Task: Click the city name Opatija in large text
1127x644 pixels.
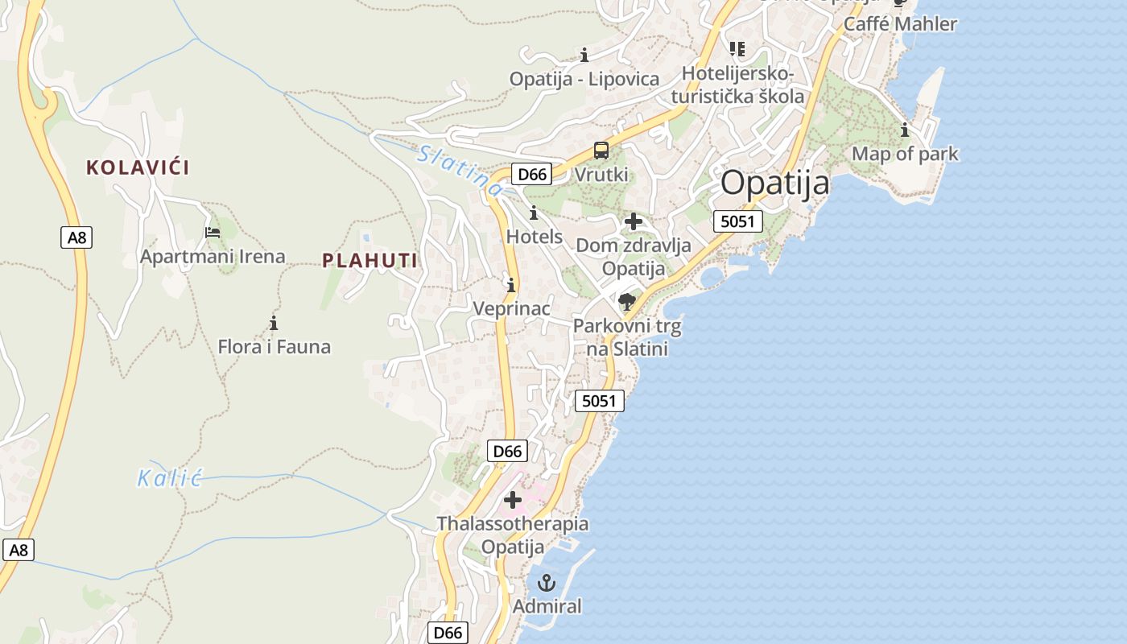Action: (x=774, y=184)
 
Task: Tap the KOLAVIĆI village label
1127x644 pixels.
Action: (x=138, y=167)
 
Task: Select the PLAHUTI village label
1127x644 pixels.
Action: (x=369, y=260)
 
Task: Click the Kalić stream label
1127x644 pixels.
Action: (x=168, y=478)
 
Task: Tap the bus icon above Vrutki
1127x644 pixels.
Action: (x=601, y=151)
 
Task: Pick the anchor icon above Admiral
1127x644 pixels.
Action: (x=547, y=583)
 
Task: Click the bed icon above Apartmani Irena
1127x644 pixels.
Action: (x=213, y=233)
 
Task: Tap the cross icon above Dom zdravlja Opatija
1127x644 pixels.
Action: (x=634, y=221)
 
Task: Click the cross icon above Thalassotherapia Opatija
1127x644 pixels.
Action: (x=512, y=501)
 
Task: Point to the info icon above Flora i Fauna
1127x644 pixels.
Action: (x=274, y=324)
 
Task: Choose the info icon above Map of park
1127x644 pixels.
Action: (x=905, y=130)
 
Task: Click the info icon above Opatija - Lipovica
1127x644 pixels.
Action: (x=584, y=55)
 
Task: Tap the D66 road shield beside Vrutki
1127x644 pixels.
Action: (x=532, y=174)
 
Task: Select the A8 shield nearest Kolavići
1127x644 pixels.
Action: (x=76, y=237)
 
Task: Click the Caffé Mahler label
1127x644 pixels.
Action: (x=900, y=24)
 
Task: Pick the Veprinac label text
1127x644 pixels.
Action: (x=511, y=308)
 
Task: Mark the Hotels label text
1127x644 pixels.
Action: (x=534, y=237)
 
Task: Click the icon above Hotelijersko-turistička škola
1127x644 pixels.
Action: (x=737, y=49)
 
